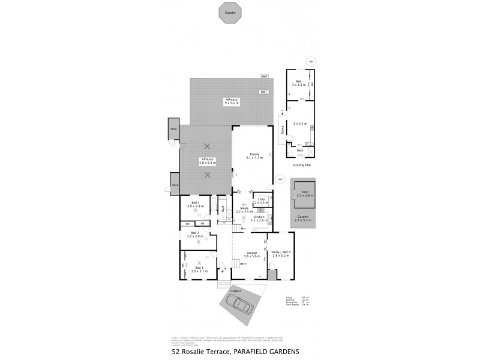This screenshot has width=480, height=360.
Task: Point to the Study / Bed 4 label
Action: (x=281, y=254)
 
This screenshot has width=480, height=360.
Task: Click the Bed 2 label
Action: (x=194, y=235)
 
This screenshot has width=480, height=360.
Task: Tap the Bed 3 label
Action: (x=196, y=204)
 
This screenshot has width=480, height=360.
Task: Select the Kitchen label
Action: (x=259, y=218)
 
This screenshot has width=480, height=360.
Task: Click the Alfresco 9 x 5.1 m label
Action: (x=231, y=100)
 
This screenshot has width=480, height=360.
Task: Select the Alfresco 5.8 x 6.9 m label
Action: (x=208, y=161)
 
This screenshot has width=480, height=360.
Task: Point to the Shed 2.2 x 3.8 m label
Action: (x=305, y=193)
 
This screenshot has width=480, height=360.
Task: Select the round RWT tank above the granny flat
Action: (x=310, y=62)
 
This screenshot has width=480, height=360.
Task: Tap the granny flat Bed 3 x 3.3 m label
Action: (x=298, y=83)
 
